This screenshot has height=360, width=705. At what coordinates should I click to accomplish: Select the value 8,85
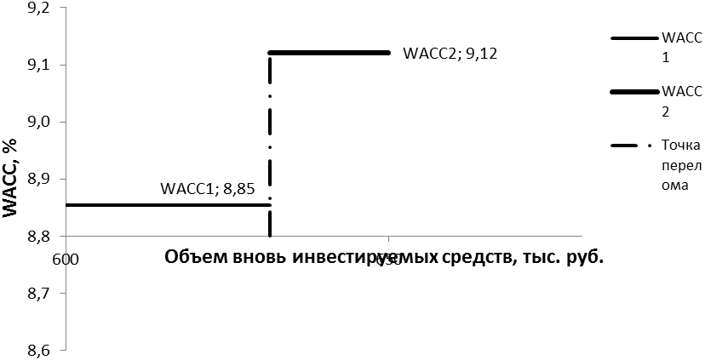coord(239,190)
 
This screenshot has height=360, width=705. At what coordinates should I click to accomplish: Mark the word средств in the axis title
coord(472,258)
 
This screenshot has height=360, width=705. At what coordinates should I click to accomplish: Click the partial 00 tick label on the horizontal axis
coord(72,259)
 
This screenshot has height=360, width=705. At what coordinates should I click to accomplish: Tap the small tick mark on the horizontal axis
coord(389,239)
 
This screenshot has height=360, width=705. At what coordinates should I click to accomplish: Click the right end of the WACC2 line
coord(388,53)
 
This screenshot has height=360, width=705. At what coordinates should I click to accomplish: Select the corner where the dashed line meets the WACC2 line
coord(270,53)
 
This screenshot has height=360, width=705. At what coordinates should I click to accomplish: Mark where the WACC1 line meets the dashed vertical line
coord(270,204)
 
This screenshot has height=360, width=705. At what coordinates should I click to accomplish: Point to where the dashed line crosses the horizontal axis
coord(270,236)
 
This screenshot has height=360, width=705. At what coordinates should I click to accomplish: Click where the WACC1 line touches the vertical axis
coord(67,204)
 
